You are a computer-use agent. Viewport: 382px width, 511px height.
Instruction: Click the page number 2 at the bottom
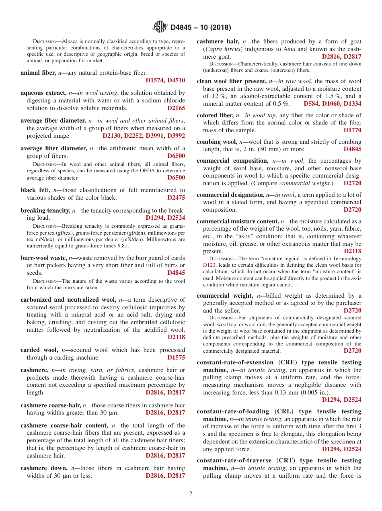191,493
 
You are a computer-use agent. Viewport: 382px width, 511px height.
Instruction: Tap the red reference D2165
176,108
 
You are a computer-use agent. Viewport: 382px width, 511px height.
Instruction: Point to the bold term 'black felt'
35,190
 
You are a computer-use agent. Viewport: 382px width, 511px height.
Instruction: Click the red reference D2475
176,198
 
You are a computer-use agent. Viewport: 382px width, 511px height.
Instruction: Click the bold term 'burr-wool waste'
44,258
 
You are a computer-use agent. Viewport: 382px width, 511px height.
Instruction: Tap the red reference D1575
176,358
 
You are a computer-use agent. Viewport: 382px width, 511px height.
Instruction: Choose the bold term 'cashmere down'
44,468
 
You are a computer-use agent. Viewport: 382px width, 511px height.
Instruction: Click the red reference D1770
352,130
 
